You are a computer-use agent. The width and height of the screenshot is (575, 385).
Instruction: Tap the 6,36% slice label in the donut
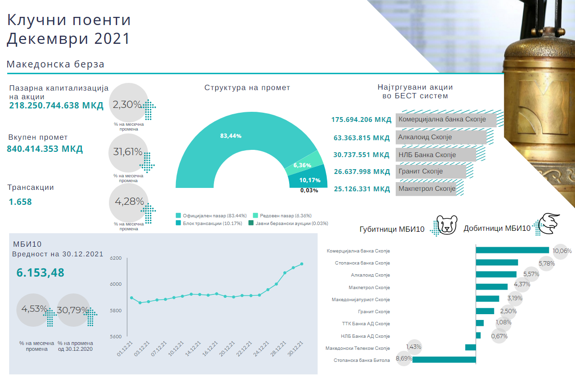point(302,165)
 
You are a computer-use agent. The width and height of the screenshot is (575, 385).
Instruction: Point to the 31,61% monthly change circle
point(128,152)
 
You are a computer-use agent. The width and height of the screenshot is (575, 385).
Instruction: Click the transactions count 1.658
point(20,202)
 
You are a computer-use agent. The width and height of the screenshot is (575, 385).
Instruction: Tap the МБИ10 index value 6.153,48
point(40,273)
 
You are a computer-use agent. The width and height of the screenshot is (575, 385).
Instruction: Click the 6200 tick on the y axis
point(116,258)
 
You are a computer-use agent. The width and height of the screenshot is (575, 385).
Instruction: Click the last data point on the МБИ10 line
point(302,264)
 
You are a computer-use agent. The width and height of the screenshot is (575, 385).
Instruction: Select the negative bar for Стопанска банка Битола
point(444,359)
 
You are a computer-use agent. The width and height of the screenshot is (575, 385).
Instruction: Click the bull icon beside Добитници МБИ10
point(549,225)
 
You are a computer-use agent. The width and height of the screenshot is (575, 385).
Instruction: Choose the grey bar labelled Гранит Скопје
point(431,171)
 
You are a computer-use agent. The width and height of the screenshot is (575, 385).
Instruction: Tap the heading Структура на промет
point(247,88)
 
